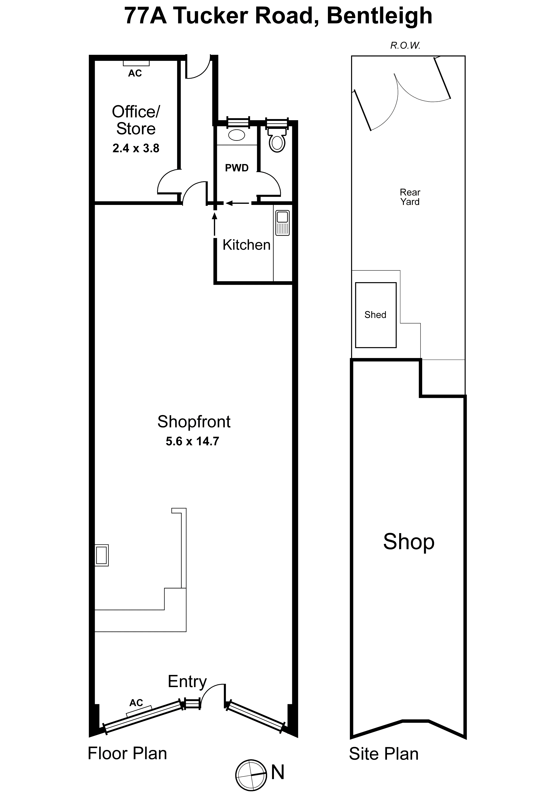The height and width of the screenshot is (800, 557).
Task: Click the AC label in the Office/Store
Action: pyautogui.click(x=135, y=73)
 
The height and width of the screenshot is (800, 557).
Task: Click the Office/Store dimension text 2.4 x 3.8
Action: pyautogui.click(x=136, y=148)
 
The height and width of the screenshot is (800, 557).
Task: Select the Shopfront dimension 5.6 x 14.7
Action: pyautogui.click(x=192, y=442)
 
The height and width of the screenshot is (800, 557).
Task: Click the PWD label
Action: pyautogui.click(x=237, y=168)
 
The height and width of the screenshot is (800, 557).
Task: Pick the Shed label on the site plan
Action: pyautogui.click(x=375, y=315)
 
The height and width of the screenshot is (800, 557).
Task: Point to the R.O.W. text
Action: pyautogui.click(x=405, y=46)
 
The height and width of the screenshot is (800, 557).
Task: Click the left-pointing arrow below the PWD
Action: pyautogui.click(x=237, y=203)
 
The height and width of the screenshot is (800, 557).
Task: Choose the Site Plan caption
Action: pyautogui.click(x=384, y=754)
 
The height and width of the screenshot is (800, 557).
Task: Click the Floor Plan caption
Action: pyautogui.click(x=127, y=753)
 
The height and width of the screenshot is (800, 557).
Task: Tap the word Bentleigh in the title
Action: pyautogui.click(x=379, y=16)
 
